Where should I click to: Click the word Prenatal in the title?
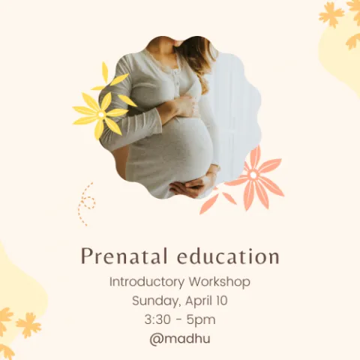tap(124, 256)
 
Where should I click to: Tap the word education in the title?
tap(228, 256)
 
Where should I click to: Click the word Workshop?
tap(220, 282)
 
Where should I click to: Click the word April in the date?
tap(197, 301)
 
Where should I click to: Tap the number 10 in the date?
tap(221, 301)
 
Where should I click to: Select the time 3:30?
tap(157, 319)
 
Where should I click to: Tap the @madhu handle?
tap(180, 339)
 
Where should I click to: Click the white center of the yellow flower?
tap(101, 115)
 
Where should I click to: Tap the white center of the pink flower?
tap(253, 175)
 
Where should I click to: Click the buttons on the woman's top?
tap(177, 79)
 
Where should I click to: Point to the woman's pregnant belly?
tap(180, 148)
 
